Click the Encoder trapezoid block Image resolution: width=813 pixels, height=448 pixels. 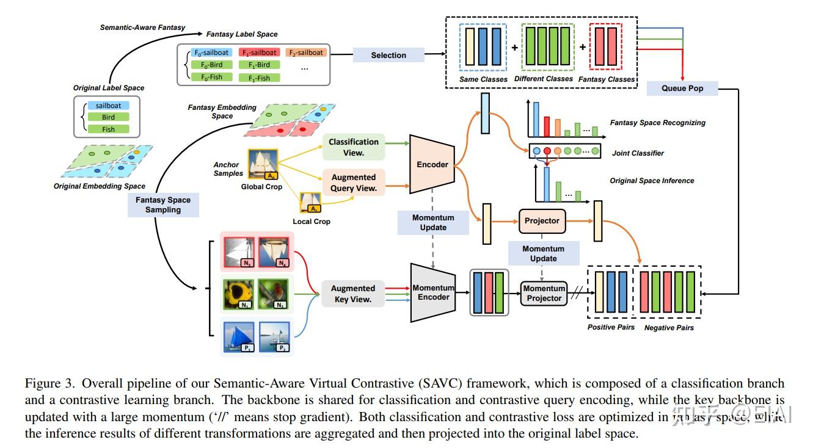(432, 164)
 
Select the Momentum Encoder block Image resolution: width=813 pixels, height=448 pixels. (433, 292)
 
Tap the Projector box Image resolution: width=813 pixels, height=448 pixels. (542, 220)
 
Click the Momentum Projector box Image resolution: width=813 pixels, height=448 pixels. (544, 293)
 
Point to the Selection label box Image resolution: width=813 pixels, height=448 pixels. (388, 55)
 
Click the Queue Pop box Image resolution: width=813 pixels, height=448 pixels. (682, 89)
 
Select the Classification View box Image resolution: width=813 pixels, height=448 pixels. (354, 147)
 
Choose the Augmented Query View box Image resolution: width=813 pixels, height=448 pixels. (354, 182)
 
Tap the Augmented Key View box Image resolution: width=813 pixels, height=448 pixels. (352, 293)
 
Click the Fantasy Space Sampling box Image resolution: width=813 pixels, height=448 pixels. (163, 204)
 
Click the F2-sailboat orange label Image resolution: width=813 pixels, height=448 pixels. (305, 52)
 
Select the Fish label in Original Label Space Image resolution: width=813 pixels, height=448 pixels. (108, 129)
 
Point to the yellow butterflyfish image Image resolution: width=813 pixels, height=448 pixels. (239, 294)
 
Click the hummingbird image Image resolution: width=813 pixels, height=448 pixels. (274, 294)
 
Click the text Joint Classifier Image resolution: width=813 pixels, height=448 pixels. (638, 153)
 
